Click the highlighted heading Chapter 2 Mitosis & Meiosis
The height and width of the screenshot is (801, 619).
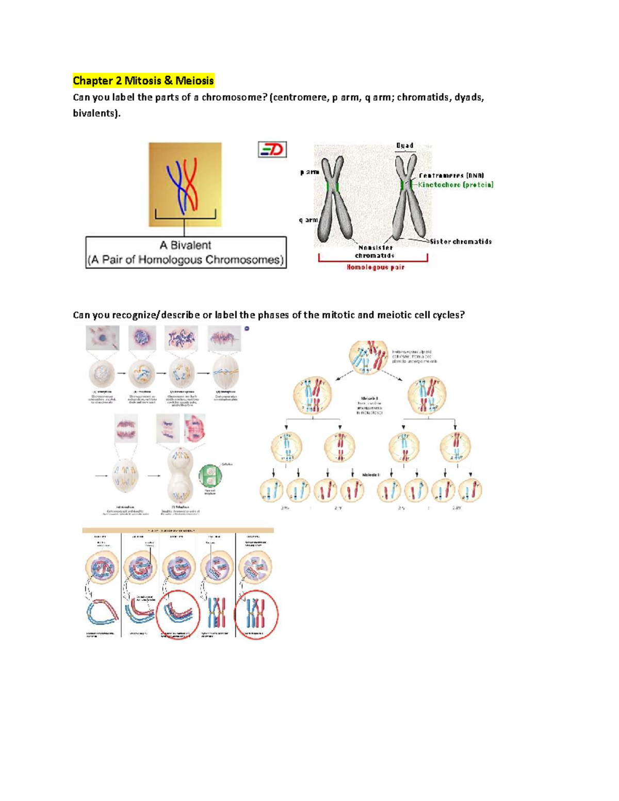(143, 80)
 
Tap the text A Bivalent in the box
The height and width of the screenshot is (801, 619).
(185, 246)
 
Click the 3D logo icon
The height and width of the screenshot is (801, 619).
(272, 150)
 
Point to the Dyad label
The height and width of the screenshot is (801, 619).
(405, 145)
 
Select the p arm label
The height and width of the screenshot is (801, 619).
(309, 172)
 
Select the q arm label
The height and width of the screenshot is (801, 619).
(308, 220)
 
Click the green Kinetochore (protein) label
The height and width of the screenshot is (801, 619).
(455, 185)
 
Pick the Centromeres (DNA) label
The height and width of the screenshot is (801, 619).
(451, 175)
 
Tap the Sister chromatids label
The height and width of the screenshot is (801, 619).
(461, 241)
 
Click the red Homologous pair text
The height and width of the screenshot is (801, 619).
(375, 267)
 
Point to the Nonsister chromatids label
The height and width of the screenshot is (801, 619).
(375, 251)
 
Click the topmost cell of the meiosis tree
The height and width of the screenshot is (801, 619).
(368, 357)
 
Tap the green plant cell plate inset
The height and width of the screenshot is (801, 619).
(210, 476)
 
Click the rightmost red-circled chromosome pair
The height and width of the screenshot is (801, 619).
(256, 614)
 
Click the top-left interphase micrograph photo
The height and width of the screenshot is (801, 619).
(103, 338)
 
